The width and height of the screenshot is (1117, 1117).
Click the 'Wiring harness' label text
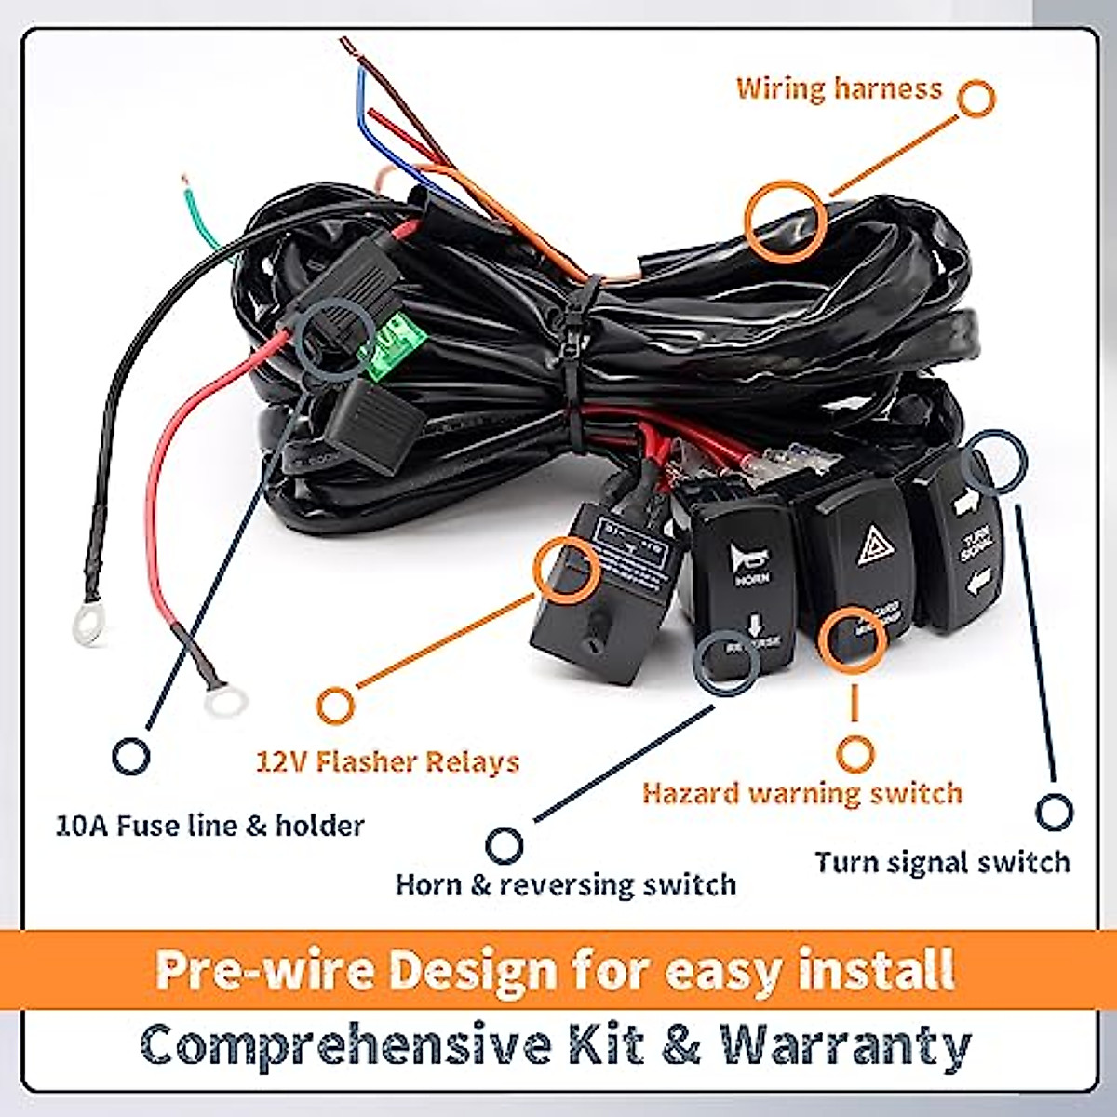pyautogui.click(x=839, y=89)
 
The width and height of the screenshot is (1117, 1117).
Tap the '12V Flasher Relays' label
pyautogui.click(x=387, y=762)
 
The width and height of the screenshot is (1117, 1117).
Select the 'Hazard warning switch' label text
pyautogui.click(x=801, y=793)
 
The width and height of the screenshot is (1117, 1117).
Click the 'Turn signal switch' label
pyautogui.click(x=942, y=862)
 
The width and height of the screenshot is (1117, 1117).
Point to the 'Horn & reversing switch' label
pyautogui.click(x=566, y=883)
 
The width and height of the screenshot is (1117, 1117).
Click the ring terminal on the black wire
pyautogui.click(x=87, y=632)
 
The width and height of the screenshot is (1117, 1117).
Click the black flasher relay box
pyautogui.click(x=600, y=596)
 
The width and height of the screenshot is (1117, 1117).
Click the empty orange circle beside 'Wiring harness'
pyautogui.click(x=975, y=99)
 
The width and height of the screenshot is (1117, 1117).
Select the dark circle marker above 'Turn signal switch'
pyautogui.click(x=1054, y=812)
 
